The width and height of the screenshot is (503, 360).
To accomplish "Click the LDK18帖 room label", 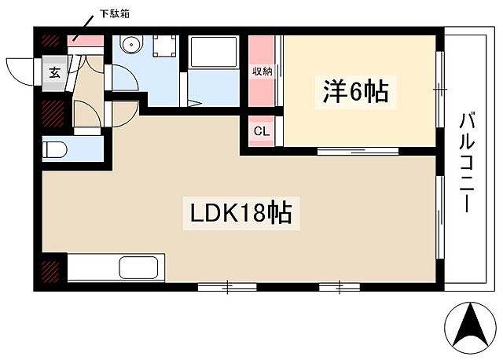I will [x=240, y=212].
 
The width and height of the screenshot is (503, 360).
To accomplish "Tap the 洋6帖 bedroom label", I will [x=354, y=92].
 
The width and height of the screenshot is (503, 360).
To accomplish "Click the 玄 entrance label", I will [x=55, y=73].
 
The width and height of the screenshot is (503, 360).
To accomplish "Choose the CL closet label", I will [x=262, y=131].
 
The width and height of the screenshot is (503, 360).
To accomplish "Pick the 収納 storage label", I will [x=262, y=72].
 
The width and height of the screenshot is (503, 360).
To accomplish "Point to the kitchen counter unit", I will [x=116, y=268].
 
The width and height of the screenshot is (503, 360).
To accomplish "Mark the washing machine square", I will [x=165, y=47].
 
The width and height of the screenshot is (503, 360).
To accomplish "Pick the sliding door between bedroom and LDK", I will [x=346, y=150].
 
